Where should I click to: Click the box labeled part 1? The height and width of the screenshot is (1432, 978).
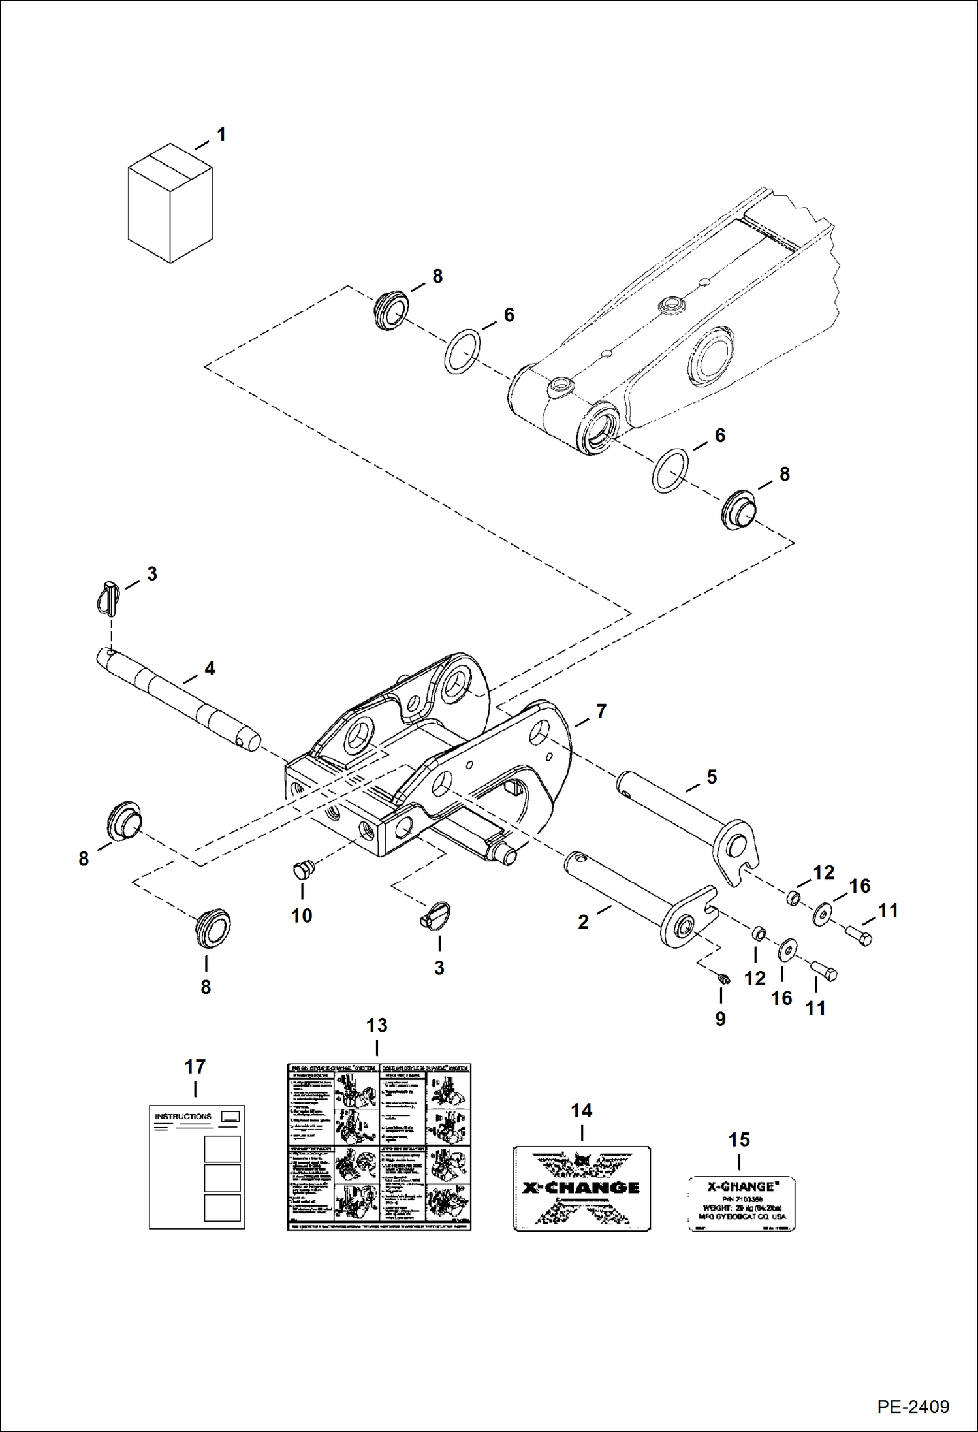[x=170, y=204]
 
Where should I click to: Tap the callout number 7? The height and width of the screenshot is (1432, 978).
[x=601, y=710]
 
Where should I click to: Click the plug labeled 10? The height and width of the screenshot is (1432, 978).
[x=302, y=869]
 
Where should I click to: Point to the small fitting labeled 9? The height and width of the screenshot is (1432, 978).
[x=723, y=978]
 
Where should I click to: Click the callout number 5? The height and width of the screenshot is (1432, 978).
[x=712, y=776]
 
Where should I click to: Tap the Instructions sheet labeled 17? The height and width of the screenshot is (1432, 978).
[x=197, y=1167]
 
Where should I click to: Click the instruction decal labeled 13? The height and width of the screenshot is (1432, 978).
[x=379, y=1147]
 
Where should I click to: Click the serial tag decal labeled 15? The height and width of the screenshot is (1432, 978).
[x=742, y=1204]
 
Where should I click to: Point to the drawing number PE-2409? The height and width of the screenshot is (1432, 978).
[x=913, y=1406]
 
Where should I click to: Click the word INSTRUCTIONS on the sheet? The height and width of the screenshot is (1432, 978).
[x=183, y=1117]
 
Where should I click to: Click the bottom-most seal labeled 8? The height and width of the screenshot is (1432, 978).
[x=213, y=927]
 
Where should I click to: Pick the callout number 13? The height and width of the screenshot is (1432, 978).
[x=377, y=1025]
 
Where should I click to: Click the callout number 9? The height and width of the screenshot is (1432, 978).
[x=720, y=1019]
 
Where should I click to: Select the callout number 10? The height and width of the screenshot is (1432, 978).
[x=302, y=915]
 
